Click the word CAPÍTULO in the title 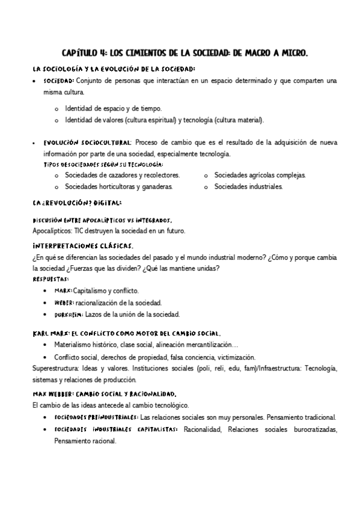[79, 54]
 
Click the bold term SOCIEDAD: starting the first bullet [59, 80]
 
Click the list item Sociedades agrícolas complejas [260, 175]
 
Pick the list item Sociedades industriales [248, 186]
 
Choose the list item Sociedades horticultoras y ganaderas [119, 186]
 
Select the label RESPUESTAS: [50, 279]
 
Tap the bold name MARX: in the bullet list [63, 290]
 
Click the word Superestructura [57, 368]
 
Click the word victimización [234, 357]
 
